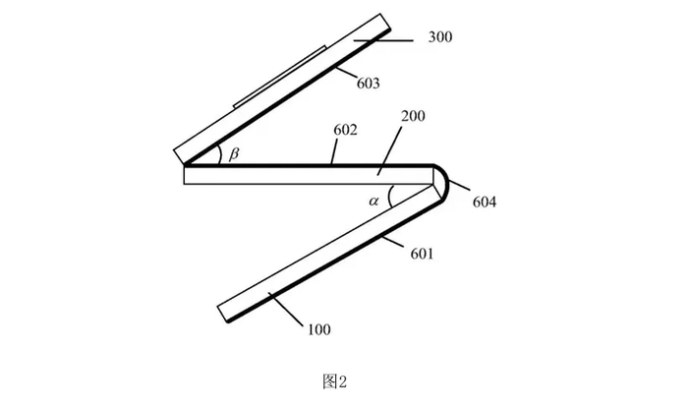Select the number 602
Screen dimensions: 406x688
click(345, 128)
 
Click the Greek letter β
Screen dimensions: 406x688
click(233, 153)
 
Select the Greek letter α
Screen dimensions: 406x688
click(373, 200)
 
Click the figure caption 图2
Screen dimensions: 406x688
click(334, 380)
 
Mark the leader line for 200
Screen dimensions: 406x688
click(390, 147)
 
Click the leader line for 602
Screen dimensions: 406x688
click(337, 150)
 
